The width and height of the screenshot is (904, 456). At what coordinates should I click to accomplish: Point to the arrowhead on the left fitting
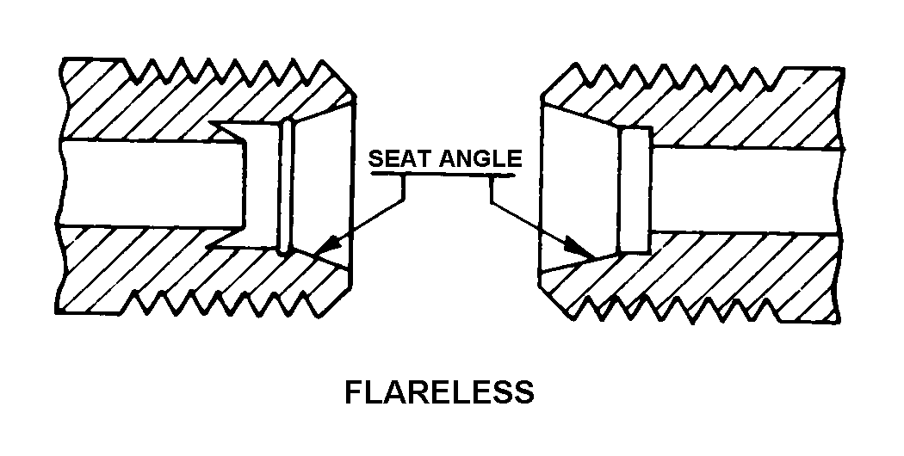point(320,251)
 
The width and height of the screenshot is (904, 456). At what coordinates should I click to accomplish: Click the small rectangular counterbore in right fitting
point(637,190)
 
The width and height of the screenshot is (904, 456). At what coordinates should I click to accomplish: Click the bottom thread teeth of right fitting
point(689,310)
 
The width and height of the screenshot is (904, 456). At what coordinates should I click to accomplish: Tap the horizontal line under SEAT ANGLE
point(443,175)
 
